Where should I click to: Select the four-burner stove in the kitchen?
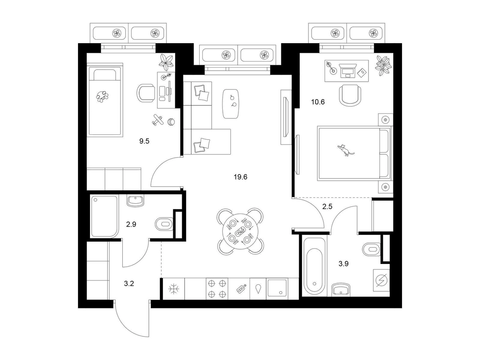click(x=217, y=288)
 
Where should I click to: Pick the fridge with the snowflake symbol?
click(x=174, y=288)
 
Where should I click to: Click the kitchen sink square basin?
click(x=277, y=288)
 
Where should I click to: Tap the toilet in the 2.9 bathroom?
click(x=163, y=224)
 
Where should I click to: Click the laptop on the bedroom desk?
click(x=347, y=72)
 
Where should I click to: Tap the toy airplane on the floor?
click(x=157, y=120)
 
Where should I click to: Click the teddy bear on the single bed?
click(x=103, y=96)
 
